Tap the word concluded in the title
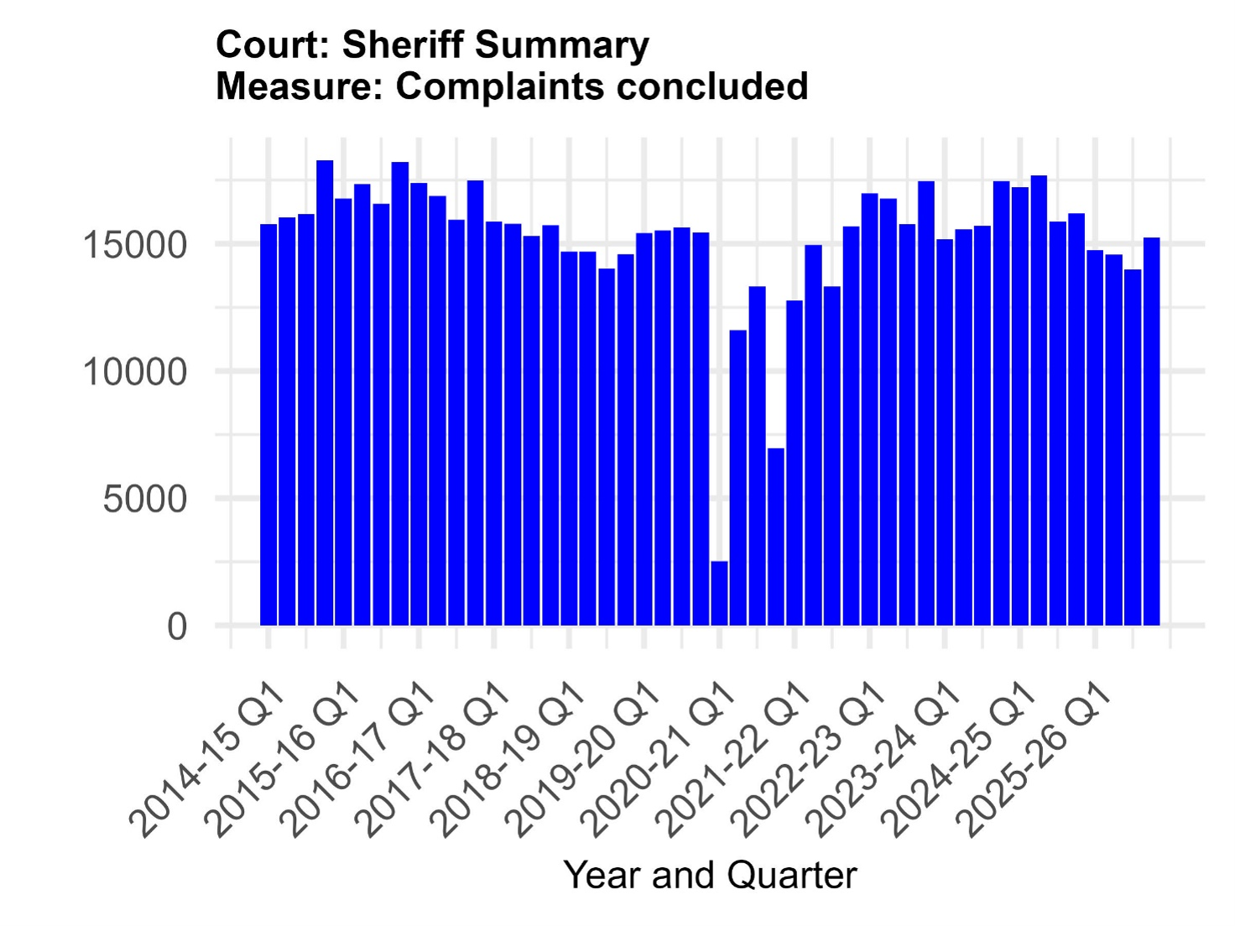pyautogui.click(x=712, y=86)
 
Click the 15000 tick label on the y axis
pyautogui.click(x=134, y=245)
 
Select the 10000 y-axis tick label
pyautogui.click(x=134, y=372)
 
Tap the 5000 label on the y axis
pyautogui.click(x=144, y=499)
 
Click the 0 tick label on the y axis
pyautogui.click(x=177, y=626)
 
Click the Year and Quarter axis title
pyautogui.click(x=710, y=875)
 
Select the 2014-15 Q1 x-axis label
pyautogui.click(x=208, y=762)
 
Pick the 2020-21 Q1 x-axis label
pyautogui.click(x=659, y=762)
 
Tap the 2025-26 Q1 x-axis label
pyautogui.click(x=1035, y=762)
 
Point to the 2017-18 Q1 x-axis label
pyautogui.click(x=434, y=762)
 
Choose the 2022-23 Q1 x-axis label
pyautogui.click(x=810, y=762)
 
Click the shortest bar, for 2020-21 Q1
pyautogui.click(x=720, y=593)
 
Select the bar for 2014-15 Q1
pyautogui.click(x=268, y=424)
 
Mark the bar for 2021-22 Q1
pyautogui.click(x=795, y=463)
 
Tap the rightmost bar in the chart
pyautogui.click(x=1152, y=431)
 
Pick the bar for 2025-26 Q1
pyautogui.click(x=1096, y=438)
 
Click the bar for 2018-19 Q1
pyautogui.click(x=569, y=438)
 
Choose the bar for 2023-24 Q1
pyautogui.click(x=945, y=432)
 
